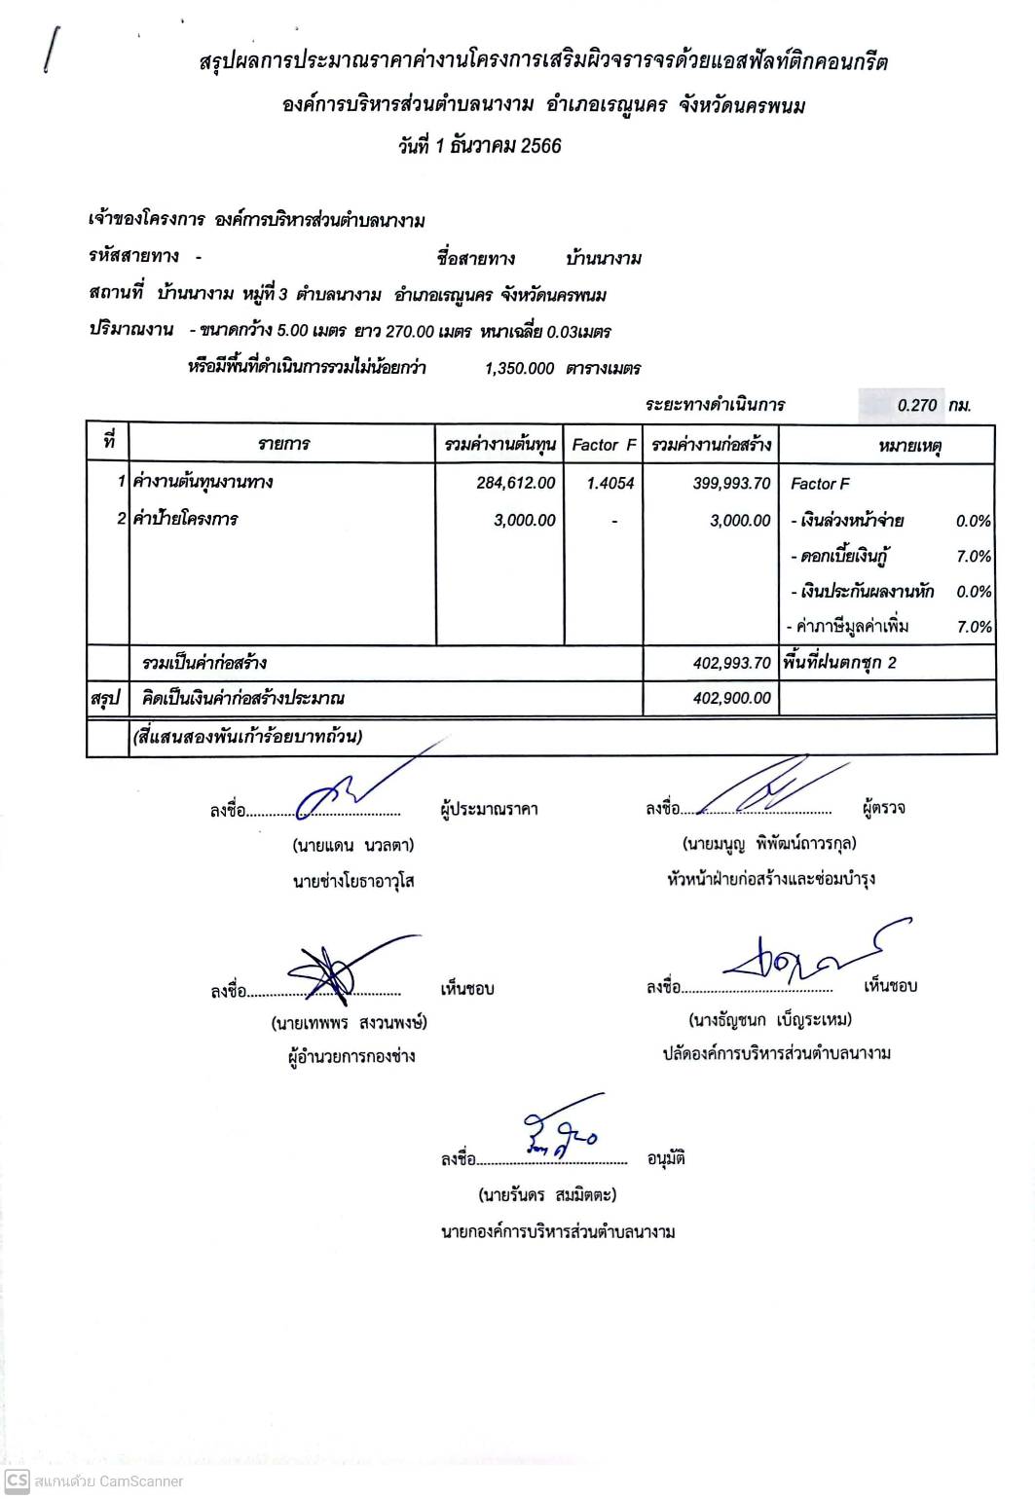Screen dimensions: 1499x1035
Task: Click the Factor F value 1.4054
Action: coord(610,483)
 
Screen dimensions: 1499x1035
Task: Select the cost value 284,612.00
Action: coord(516,483)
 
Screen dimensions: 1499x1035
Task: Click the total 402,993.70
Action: coord(731,663)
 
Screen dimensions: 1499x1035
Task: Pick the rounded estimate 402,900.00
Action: coord(731,698)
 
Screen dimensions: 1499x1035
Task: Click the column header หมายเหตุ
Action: coord(908,446)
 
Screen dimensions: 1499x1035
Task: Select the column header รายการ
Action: coord(283,445)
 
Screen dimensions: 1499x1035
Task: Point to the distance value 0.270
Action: coord(917,405)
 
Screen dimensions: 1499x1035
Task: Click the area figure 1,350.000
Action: coord(519,369)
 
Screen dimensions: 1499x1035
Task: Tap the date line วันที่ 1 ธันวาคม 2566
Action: coord(479,146)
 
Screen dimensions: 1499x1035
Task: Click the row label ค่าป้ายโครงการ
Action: coord(185,519)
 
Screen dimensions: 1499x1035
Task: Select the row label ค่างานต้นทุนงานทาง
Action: coord(203,482)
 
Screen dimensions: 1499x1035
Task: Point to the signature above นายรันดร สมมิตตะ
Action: coord(562,1133)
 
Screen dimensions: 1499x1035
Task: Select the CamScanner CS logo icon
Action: coord(17,1481)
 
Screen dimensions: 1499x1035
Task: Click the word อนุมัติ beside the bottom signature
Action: coord(666,1158)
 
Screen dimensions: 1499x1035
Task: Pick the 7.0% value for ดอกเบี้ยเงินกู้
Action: coord(973,557)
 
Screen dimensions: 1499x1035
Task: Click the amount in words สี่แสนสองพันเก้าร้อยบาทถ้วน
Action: coord(247,737)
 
